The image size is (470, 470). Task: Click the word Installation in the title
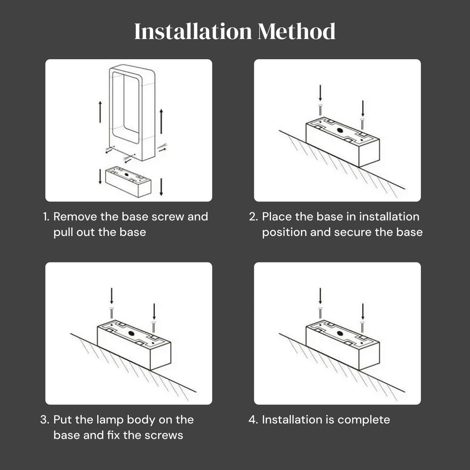(193, 31)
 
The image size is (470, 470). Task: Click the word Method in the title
(296, 31)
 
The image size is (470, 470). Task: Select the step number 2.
(253, 217)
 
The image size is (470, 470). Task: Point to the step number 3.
(45, 420)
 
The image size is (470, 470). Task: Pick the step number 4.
(253, 420)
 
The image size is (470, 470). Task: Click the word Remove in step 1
(75, 217)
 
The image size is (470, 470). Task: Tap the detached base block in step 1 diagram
(129, 181)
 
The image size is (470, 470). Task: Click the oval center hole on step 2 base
(340, 130)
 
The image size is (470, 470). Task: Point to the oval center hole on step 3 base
(132, 333)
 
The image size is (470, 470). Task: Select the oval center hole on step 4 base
(340, 333)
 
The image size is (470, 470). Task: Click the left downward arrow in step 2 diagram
(320, 93)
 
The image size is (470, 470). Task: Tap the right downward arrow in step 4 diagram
(363, 312)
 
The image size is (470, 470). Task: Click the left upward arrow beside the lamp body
(100, 112)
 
